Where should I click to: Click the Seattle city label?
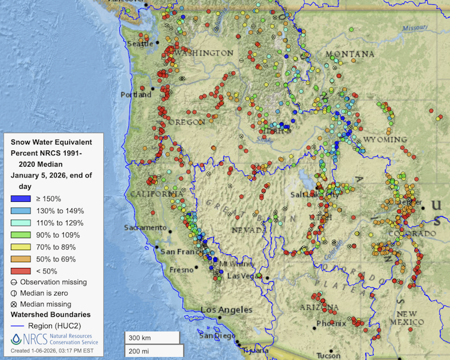coord(140,44)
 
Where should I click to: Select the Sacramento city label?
coord(145,227)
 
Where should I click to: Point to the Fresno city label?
coord(181,270)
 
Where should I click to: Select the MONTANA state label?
coord(350,54)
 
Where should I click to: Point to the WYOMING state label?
coord(384,139)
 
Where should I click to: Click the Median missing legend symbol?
coord(15,304)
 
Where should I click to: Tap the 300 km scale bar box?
coord(152,337)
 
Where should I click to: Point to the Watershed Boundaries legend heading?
coord(51,314)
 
